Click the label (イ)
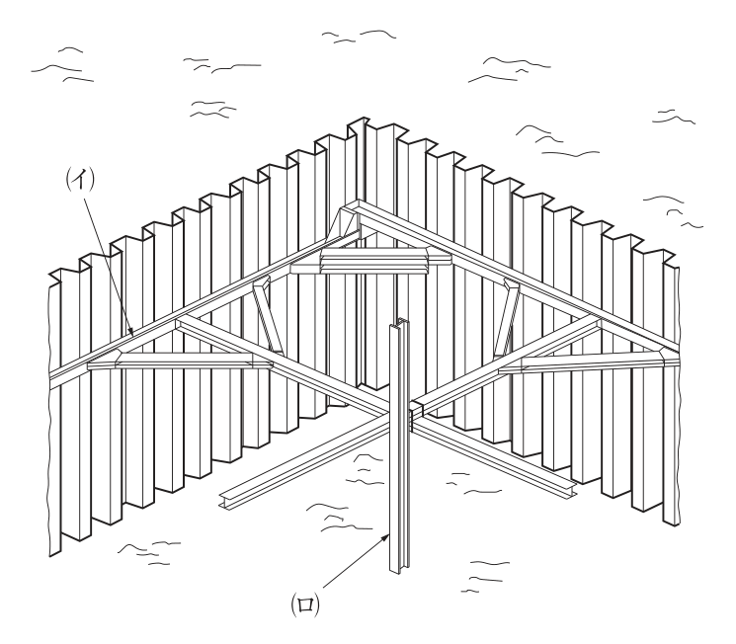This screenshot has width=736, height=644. [80, 179]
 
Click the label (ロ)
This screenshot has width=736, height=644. [305, 604]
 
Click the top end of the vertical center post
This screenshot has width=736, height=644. [399, 322]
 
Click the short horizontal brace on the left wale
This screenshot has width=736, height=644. [180, 362]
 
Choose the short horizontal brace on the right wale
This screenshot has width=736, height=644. [589, 362]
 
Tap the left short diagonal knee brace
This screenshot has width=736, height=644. [268, 314]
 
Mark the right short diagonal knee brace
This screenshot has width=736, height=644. [507, 317]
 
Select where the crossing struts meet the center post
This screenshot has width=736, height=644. [400, 412]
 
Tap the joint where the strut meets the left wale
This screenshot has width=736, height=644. [179, 323]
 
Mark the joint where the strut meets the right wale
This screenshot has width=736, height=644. [598, 323]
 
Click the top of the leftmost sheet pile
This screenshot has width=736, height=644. [55, 277]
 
